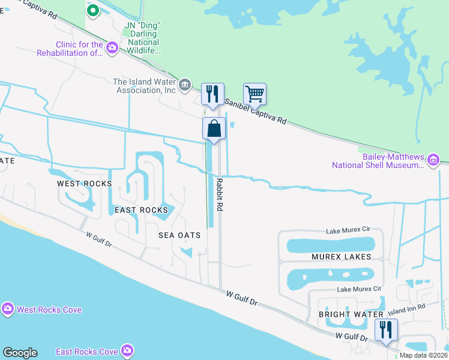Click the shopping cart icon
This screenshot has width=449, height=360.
click(x=255, y=94)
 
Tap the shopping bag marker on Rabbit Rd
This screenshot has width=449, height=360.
click(x=214, y=128)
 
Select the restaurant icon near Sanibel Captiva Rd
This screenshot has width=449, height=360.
click(x=212, y=94)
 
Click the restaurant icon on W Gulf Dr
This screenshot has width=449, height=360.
click(x=386, y=329)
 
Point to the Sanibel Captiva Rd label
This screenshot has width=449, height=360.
click(x=256, y=112)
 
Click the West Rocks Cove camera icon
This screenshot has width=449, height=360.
click(x=8, y=309)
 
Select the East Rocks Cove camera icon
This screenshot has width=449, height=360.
click(x=127, y=350)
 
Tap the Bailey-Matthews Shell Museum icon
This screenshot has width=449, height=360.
click(x=433, y=160)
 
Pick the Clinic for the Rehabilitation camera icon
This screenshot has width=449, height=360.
click(x=112, y=48)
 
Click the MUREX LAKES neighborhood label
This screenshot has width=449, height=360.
click(x=341, y=257)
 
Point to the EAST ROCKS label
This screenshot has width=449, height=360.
click(x=141, y=210)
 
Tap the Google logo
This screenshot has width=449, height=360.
click(x=20, y=353)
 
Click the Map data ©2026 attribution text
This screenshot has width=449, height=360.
click(x=423, y=355)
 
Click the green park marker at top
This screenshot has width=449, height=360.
click(x=93, y=10)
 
